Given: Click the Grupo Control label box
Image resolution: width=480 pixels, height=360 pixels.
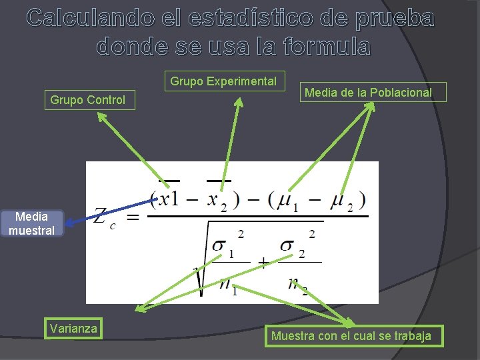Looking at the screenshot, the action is click(x=88, y=100).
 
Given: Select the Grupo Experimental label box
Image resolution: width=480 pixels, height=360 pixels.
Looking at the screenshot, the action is click(x=223, y=81).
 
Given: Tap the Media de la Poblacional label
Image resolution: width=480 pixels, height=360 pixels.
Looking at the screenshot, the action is click(x=368, y=93).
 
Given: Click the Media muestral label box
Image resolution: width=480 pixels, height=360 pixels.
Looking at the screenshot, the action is click(x=31, y=223).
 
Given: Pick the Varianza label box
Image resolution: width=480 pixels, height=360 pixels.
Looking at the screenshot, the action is click(x=73, y=328).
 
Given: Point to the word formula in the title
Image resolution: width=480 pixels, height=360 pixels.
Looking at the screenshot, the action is click(x=325, y=45).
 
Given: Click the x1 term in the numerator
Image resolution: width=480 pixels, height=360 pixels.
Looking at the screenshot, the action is click(x=168, y=199).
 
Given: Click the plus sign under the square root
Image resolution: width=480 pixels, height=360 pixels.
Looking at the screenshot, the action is click(x=263, y=263).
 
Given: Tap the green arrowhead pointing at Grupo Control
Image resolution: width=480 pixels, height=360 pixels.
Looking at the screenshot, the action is click(x=101, y=117).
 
